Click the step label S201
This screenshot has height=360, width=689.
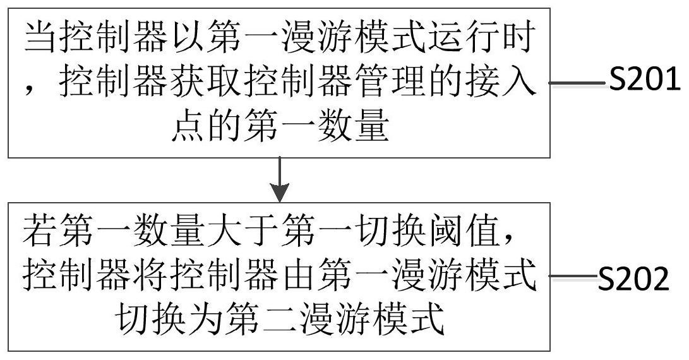coord(644,81)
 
